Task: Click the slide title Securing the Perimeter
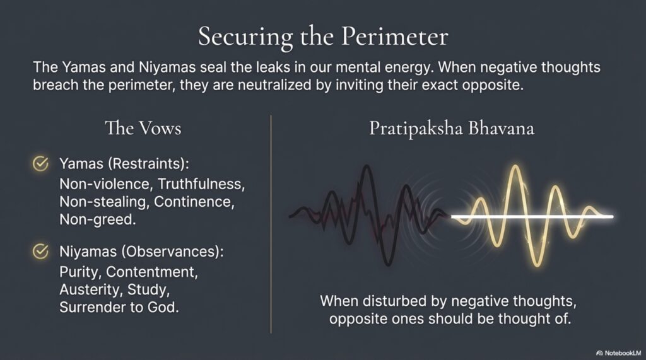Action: click(x=323, y=37)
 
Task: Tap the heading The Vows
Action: click(x=143, y=128)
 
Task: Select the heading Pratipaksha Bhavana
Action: click(x=452, y=129)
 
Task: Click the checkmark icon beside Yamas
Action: click(x=40, y=163)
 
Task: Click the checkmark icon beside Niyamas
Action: click(x=40, y=252)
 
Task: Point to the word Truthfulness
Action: click(x=201, y=184)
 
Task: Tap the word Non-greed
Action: click(x=98, y=219)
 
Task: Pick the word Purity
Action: click(x=81, y=272)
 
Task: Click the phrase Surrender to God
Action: click(x=119, y=307)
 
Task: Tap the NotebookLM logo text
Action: click(x=619, y=353)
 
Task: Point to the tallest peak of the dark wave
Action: click(x=366, y=167)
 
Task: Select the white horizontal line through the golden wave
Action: click(x=532, y=216)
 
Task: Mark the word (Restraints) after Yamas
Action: click(x=149, y=164)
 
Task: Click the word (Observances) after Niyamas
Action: click(x=173, y=252)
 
